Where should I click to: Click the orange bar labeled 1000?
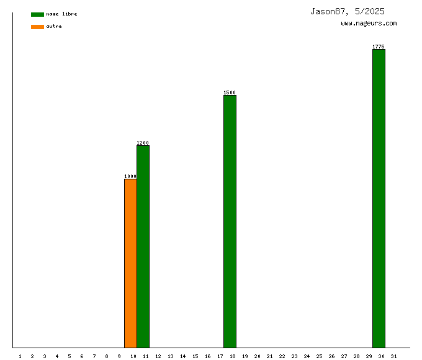130,263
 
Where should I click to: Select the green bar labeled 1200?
143,246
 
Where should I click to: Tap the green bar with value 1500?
230,221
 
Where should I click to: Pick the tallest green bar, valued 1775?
379,198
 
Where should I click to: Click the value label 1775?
379,47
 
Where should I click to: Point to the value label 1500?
230,92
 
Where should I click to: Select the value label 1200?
143,143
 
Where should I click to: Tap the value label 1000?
130,176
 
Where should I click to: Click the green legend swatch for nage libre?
37,14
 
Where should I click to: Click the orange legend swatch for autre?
37,27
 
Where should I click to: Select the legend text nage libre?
61,14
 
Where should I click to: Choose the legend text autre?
54,26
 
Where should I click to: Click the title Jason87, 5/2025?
348,11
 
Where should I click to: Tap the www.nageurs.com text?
369,24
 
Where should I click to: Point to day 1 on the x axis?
20,356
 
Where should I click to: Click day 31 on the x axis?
394,356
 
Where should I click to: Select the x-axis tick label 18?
232,356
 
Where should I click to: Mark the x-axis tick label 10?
133,356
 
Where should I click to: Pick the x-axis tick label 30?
382,356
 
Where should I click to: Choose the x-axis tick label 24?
307,356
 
